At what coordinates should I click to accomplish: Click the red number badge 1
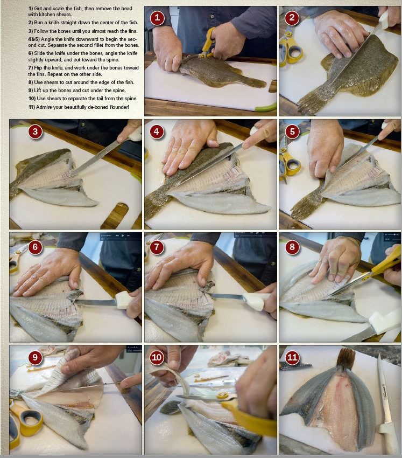[157, 18]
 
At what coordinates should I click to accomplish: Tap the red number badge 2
[291, 18]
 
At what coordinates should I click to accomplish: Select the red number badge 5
[291, 132]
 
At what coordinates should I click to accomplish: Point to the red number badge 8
[291, 247]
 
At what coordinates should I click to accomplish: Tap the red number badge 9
[35, 358]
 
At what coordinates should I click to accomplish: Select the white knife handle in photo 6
[123, 300]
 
